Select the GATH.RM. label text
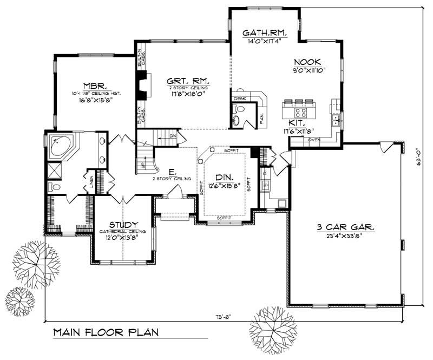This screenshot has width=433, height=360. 264,32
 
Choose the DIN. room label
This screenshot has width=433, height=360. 224,176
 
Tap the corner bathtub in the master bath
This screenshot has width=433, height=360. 60,145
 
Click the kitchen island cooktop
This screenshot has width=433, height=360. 301,113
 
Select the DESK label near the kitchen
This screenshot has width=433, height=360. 239,99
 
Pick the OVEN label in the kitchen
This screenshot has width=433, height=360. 314,140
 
